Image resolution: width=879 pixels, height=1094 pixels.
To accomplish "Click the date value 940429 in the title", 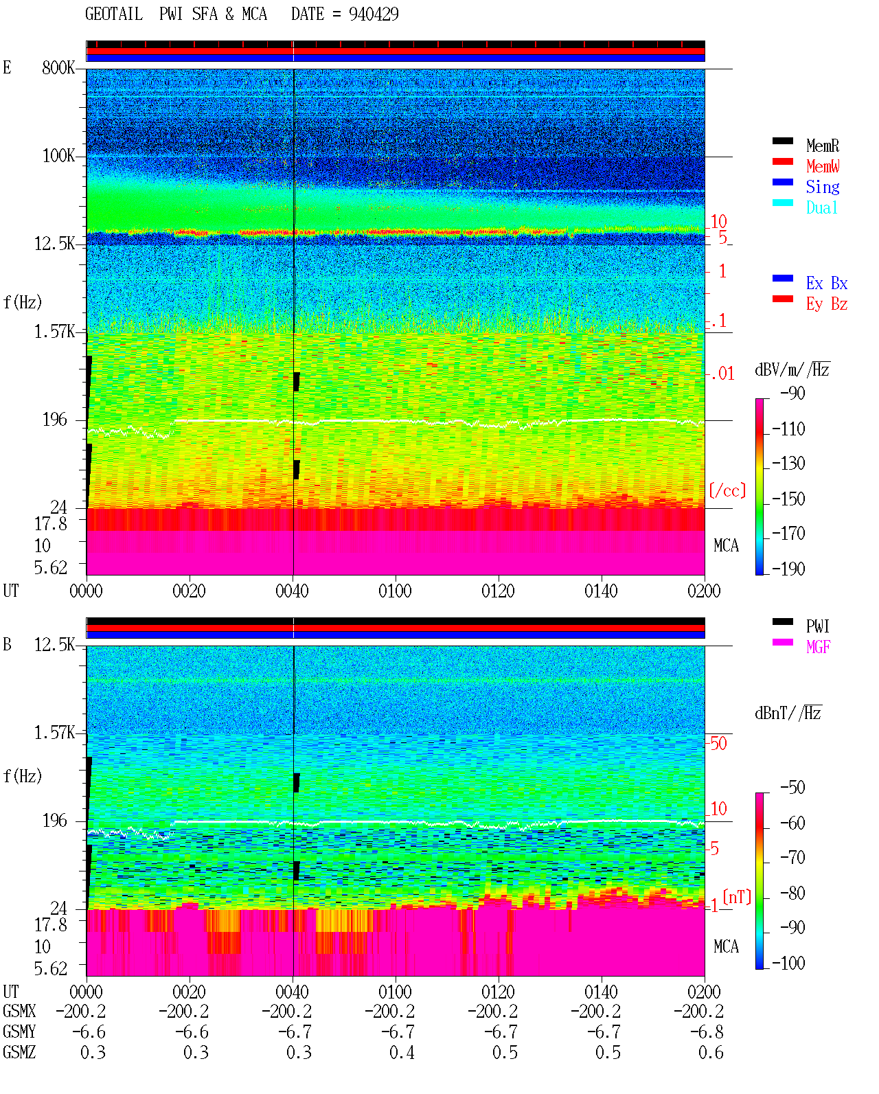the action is [374, 14].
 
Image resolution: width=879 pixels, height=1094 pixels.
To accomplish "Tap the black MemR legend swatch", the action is [782, 141].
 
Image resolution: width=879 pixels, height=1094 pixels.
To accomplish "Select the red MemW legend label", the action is [823, 166].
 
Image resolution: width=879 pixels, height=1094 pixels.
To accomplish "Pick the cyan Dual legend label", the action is [821, 207].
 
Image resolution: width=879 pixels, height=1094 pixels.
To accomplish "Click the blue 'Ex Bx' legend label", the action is [827, 283].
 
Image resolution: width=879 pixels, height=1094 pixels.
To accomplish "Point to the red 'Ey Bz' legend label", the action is [827, 304].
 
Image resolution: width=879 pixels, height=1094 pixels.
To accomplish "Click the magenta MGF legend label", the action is [818, 647].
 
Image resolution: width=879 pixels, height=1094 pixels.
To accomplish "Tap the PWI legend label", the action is [817, 626].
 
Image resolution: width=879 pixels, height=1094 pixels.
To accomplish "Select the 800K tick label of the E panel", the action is [58, 67].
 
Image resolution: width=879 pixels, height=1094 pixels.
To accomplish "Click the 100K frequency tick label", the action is [58, 156].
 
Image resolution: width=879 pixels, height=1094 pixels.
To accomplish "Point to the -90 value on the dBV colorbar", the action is [792, 394].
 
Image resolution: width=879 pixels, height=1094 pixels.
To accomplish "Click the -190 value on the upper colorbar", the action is [788, 569].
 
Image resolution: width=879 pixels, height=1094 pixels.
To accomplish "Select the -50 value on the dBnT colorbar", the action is [792, 788].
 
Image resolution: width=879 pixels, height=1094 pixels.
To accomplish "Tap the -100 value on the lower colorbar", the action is [788, 963].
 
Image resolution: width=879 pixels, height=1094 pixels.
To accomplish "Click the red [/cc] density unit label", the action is [727, 490].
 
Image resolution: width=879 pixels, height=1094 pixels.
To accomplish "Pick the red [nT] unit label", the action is [737, 897].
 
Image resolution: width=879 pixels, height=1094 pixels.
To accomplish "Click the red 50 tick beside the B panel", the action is [718, 744].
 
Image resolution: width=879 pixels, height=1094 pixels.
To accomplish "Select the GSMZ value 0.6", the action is [711, 1052].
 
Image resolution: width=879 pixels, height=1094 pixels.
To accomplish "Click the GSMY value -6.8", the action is [707, 1032].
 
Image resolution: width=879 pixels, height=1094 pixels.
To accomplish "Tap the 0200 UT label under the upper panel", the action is [704, 591].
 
